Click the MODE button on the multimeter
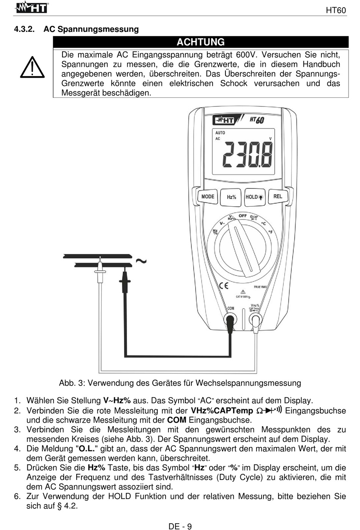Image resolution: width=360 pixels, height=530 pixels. (208, 197)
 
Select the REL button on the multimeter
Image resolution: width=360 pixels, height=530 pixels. (278, 196)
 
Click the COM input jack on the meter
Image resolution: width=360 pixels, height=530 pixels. (230, 320)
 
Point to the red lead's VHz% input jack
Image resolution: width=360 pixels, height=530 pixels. (255, 320)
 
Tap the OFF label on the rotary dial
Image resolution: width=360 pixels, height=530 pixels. (243, 216)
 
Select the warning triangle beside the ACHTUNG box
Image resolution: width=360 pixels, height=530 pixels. (33, 68)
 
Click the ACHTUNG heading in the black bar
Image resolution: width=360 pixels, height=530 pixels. (200, 42)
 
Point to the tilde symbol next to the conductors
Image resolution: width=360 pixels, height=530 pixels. (141, 261)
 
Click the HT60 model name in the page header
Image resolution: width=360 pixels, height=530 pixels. (336, 10)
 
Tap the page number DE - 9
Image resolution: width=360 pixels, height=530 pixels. (180, 526)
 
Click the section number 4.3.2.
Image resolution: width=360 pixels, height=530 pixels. (24, 29)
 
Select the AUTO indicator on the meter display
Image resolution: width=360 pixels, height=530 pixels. (220, 133)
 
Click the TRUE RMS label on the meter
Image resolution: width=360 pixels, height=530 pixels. (260, 287)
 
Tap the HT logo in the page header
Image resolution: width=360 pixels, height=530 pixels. (32, 8)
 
